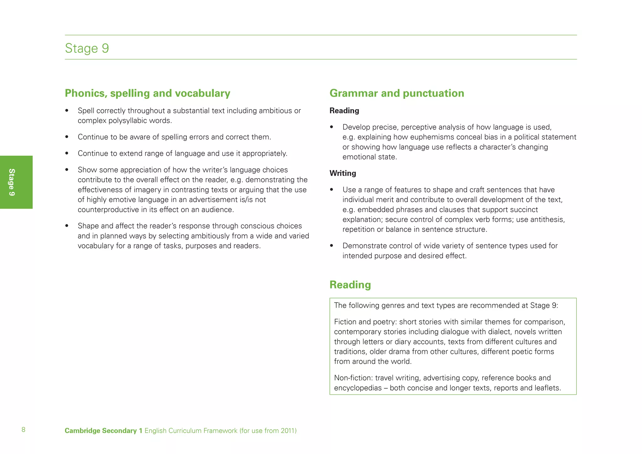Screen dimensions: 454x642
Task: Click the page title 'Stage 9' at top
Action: point(87,48)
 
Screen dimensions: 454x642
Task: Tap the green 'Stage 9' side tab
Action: point(12,182)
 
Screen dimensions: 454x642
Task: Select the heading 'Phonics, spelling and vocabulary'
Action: point(147,93)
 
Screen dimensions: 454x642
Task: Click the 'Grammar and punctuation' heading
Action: point(397,93)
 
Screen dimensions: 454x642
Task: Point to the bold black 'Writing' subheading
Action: point(343,173)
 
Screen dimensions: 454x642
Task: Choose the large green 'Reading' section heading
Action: point(350,285)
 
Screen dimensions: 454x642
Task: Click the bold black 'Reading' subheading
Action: point(344,110)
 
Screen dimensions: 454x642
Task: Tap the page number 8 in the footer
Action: point(24,430)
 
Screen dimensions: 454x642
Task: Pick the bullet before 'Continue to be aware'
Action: point(67,137)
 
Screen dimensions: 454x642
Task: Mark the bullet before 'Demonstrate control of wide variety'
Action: point(332,246)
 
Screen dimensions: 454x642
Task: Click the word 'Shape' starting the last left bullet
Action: point(87,226)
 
